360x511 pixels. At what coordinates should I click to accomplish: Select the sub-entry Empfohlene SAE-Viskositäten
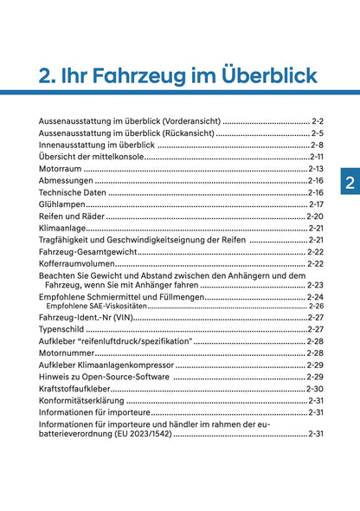click(x=96, y=306)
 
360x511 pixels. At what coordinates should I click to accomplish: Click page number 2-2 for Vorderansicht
click(x=317, y=120)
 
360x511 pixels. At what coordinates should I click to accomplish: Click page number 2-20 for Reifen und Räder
click(x=315, y=216)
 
